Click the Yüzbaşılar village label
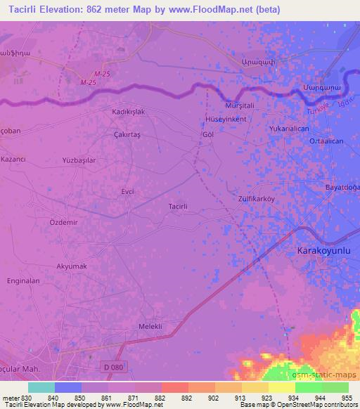click(79, 160)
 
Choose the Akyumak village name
click(71, 266)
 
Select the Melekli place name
click(150, 326)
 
